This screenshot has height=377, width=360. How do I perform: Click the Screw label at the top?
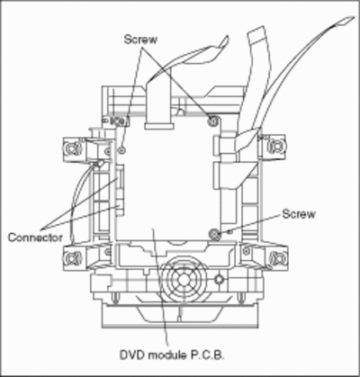140,40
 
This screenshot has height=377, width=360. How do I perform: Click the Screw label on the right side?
299,214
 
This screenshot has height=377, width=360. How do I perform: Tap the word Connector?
35,238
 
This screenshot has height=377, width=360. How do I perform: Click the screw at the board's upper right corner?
213,121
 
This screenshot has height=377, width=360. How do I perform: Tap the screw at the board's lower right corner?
214,233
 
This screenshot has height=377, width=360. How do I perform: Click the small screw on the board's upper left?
121,149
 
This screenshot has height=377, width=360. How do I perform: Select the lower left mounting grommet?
72,257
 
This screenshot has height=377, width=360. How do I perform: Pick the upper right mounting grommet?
275,146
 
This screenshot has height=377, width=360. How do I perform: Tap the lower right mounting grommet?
276,257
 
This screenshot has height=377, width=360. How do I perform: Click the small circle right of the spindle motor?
219,280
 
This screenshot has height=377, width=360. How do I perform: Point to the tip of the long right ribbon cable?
354,17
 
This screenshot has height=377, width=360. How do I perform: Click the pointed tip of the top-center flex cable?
228,36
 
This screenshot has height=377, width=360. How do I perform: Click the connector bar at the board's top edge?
159,126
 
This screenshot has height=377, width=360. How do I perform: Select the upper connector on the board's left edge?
120,178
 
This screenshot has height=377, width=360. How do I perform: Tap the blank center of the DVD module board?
168,180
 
